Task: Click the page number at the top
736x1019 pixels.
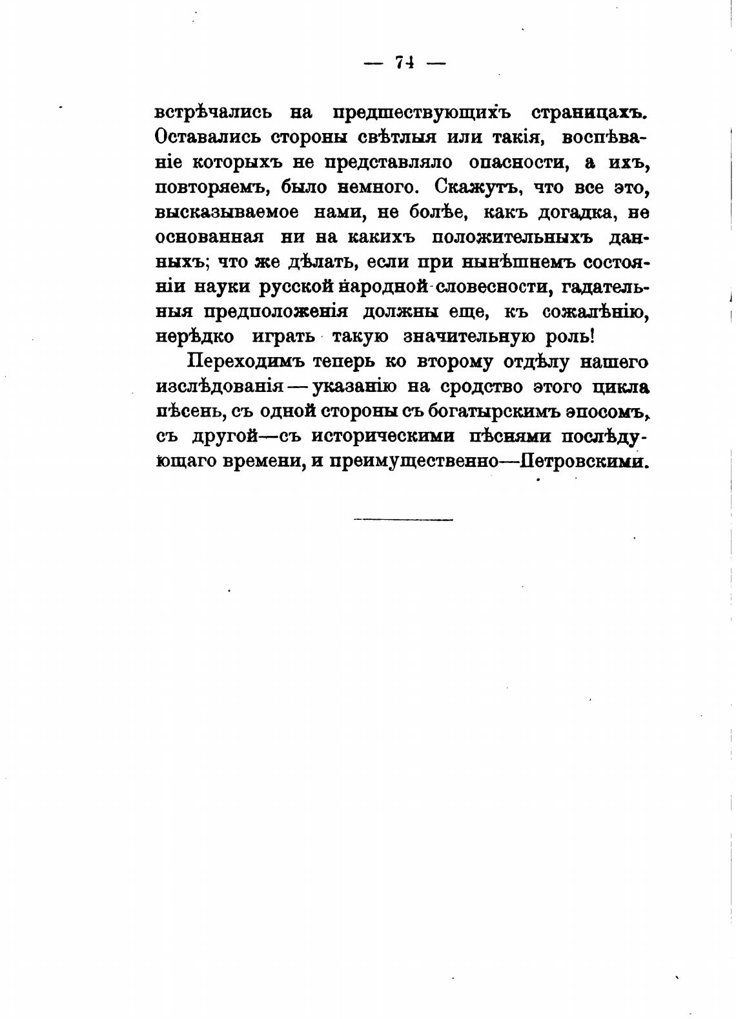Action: (x=405, y=63)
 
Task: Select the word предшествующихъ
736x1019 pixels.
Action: (x=422, y=112)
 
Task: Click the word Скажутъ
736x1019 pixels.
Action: (x=476, y=187)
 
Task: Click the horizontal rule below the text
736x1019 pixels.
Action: (x=404, y=519)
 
